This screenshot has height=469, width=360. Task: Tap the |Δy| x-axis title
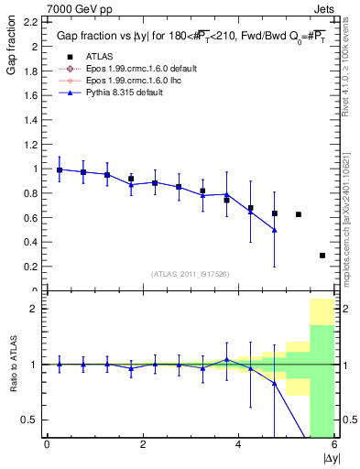328,459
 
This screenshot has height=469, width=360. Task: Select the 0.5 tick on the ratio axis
31,420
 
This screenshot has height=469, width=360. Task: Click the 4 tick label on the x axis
238,445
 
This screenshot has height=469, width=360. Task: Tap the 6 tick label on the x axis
333,445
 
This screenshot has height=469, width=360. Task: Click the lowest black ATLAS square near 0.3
322,256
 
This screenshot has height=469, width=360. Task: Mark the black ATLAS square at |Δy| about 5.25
299,214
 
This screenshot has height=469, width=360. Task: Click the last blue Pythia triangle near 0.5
275,230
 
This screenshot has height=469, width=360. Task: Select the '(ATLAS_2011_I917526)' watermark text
188,275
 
